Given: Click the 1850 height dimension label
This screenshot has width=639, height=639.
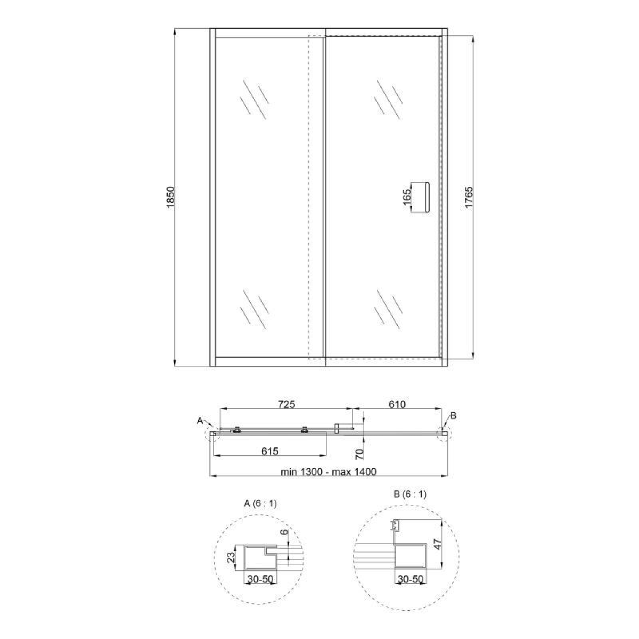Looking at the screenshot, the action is point(170,197).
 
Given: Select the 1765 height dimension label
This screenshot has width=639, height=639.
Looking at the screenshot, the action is point(469,197).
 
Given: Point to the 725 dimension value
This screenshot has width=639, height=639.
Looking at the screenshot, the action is point(286,404).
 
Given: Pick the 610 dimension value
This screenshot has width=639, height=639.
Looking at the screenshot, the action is point(397,404).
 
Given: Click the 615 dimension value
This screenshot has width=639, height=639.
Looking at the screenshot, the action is point(269,451).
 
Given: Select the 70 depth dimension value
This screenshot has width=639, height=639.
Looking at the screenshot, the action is point(360,454).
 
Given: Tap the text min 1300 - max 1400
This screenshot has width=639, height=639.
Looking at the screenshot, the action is point(329,472).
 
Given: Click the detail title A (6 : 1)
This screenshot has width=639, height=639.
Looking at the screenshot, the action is point(260,503).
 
